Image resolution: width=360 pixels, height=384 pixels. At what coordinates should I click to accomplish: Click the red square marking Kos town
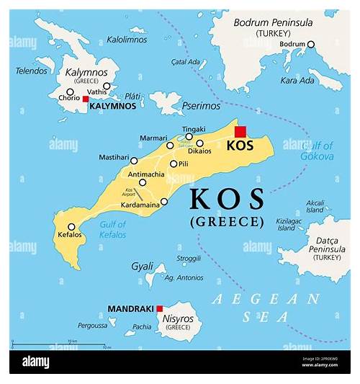point(240,131)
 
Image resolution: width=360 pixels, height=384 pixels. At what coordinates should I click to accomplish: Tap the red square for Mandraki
point(159,308)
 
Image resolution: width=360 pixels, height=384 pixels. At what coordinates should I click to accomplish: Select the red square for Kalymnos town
point(85,99)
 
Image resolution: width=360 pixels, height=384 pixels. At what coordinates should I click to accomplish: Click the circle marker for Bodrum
point(311,45)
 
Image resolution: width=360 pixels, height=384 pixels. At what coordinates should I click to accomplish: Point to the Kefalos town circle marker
point(71,227)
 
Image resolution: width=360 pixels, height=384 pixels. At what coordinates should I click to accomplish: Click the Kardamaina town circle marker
point(164,202)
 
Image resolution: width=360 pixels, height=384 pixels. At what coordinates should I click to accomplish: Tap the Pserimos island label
point(202,105)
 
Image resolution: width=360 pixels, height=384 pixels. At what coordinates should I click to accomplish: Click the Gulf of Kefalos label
point(112,230)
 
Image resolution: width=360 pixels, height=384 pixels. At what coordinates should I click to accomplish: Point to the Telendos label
point(31,72)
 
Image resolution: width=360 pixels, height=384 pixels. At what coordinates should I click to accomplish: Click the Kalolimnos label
point(127,40)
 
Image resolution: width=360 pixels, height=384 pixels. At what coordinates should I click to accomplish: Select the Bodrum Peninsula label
point(273,27)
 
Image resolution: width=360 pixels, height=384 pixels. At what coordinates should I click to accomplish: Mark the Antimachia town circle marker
point(143,182)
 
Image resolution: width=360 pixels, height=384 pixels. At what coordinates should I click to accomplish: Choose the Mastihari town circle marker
point(134,160)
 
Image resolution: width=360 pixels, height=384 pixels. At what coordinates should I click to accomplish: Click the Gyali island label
point(142,266)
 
